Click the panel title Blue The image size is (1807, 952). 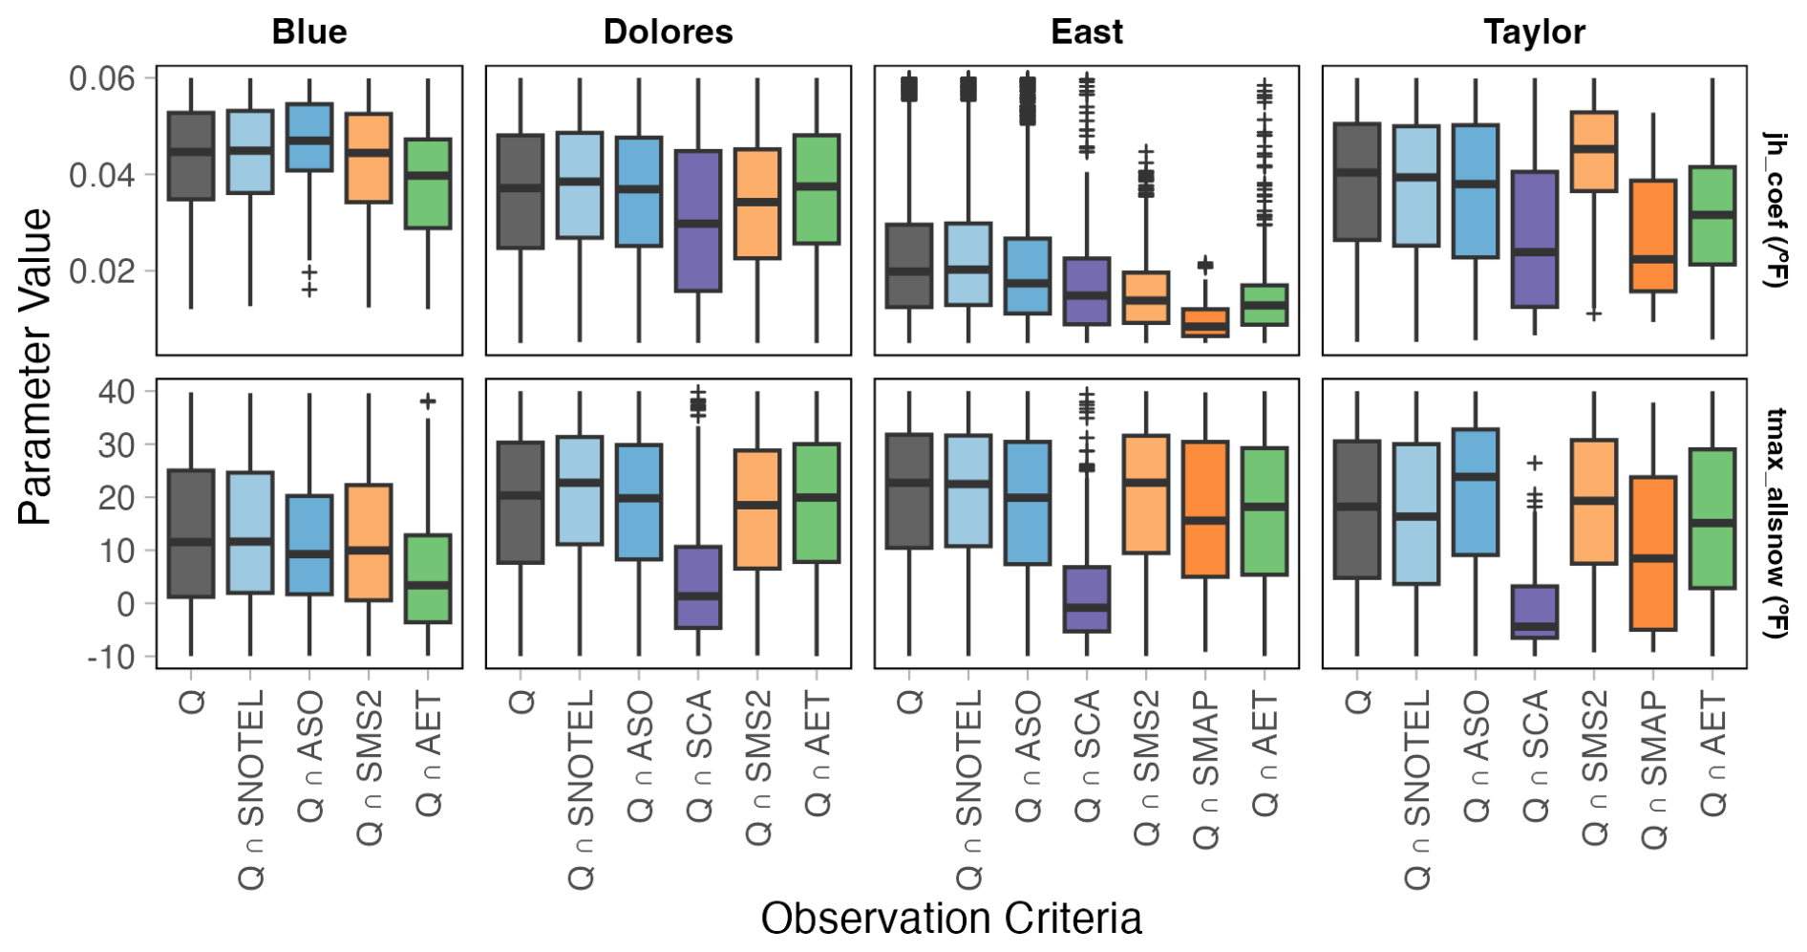tap(309, 32)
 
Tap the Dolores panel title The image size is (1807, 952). tap(668, 32)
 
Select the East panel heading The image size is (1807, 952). tap(1086, 32)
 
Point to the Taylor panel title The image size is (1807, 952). tap(1534, 32)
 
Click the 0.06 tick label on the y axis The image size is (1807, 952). tap(101, 77)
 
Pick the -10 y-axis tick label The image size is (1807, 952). tap(111, 657)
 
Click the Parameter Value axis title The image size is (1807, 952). tap(34, 366)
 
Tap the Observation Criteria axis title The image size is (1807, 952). tap(951, 919)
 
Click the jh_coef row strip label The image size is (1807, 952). tap(1775, 209)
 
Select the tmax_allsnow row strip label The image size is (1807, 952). tap(1775, 523)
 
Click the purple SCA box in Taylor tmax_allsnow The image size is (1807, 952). tap(1535, 612)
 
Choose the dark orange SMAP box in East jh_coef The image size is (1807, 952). tap(1205, 322)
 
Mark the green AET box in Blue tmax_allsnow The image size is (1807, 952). tap(428, 578)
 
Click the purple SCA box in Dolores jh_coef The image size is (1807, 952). tap(698, 221)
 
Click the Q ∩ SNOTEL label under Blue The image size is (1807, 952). tap(251, 790)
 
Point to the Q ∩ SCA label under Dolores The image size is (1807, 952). tap(699, 756)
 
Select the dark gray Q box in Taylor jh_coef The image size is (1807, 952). tap(1357, 182)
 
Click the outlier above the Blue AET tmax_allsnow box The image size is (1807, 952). tap(428, 401)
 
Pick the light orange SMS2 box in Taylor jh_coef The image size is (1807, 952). tap(1594, 151)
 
